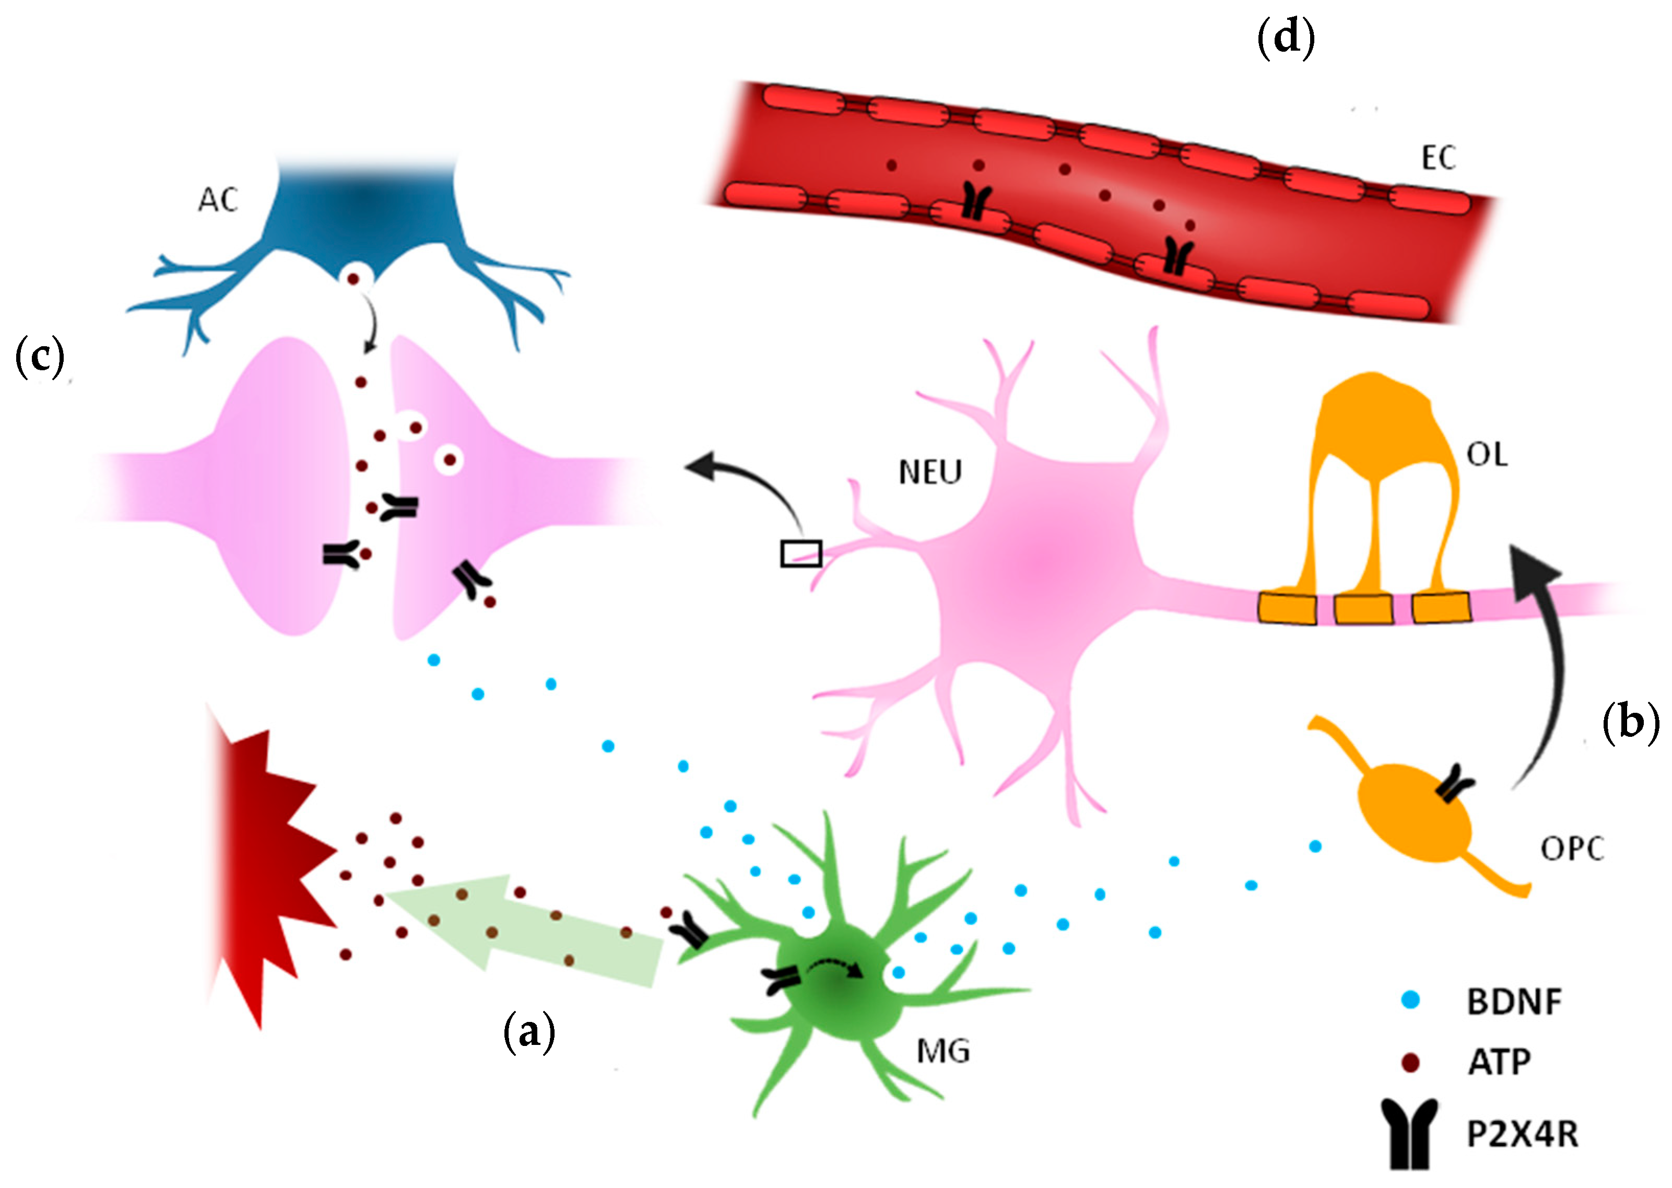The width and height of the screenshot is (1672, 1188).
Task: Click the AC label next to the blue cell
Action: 217,199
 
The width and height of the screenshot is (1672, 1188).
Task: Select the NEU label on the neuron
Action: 929,473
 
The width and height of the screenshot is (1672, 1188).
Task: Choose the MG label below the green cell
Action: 943,1052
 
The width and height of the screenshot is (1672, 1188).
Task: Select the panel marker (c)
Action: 40,357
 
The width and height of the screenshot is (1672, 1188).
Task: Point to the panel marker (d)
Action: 1285,38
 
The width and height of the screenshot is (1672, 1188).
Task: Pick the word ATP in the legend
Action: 1499,1062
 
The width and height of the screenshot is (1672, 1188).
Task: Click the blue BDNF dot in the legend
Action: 1410,1000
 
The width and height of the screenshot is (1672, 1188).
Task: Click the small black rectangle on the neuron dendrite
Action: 801,553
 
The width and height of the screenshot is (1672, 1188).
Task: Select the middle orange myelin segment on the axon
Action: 1363,609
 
